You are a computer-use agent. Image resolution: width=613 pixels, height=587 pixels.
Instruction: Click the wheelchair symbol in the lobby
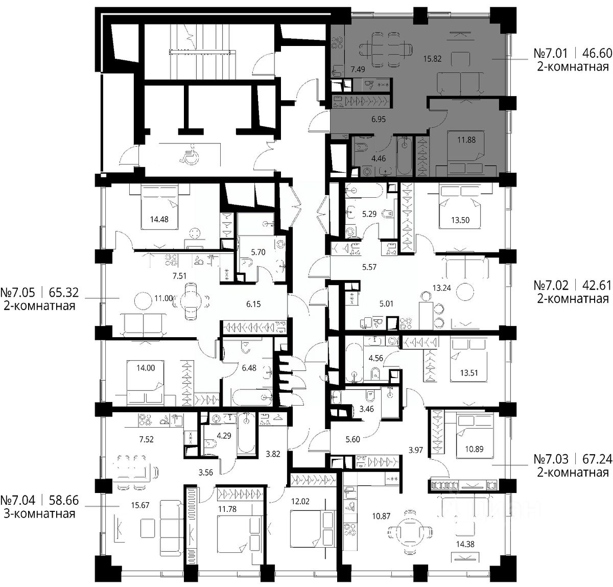click(x=188, y=154)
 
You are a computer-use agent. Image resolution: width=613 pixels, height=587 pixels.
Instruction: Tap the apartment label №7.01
click(x=551, y=53)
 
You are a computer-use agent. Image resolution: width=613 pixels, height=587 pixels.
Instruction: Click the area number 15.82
click(x=432, y=59)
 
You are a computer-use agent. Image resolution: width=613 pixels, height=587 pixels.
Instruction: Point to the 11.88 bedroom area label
click(x=466, y=139)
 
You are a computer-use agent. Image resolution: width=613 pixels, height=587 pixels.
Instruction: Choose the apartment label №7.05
click(x=18, y=293)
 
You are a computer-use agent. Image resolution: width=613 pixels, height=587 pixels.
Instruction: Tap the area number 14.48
click(x=159, y=219)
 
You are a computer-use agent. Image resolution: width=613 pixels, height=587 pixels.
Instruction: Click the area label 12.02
click(x=300, y=501)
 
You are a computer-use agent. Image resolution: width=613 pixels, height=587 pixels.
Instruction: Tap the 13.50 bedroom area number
click(x=460, y=220)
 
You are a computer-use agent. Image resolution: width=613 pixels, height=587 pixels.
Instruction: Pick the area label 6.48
click(x=249, y=368)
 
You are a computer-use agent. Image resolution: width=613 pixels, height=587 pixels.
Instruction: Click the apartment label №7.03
click(x=551, y=459)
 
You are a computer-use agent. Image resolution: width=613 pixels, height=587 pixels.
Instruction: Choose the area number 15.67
click(x=140, y=505)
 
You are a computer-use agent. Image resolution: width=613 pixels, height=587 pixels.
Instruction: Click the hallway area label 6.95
click(x=379, y=119)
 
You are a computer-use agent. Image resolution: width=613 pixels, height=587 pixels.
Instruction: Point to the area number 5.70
click(x=258, y=252)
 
